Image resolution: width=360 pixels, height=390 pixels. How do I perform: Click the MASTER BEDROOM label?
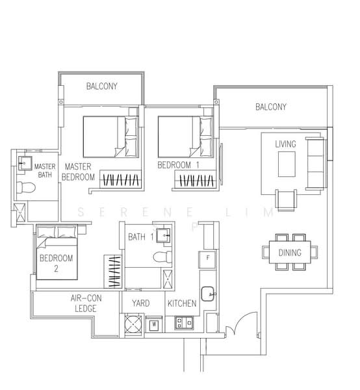tap(79, 172)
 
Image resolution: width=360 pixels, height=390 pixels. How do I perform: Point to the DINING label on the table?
tap(289, 252)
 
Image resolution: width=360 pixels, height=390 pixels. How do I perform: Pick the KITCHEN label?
tap(182, 304)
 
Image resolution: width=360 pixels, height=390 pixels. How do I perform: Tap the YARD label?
tap(141, 304)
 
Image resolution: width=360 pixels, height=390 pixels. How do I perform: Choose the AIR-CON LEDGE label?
tap(83, 303)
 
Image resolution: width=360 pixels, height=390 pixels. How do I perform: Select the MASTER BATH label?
tap(45, 171)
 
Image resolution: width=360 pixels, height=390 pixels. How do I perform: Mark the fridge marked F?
tap(207, 257)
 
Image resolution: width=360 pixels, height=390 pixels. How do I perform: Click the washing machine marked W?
tap(155, 322)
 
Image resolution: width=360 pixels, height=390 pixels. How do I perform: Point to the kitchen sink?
tap(209, 294)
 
